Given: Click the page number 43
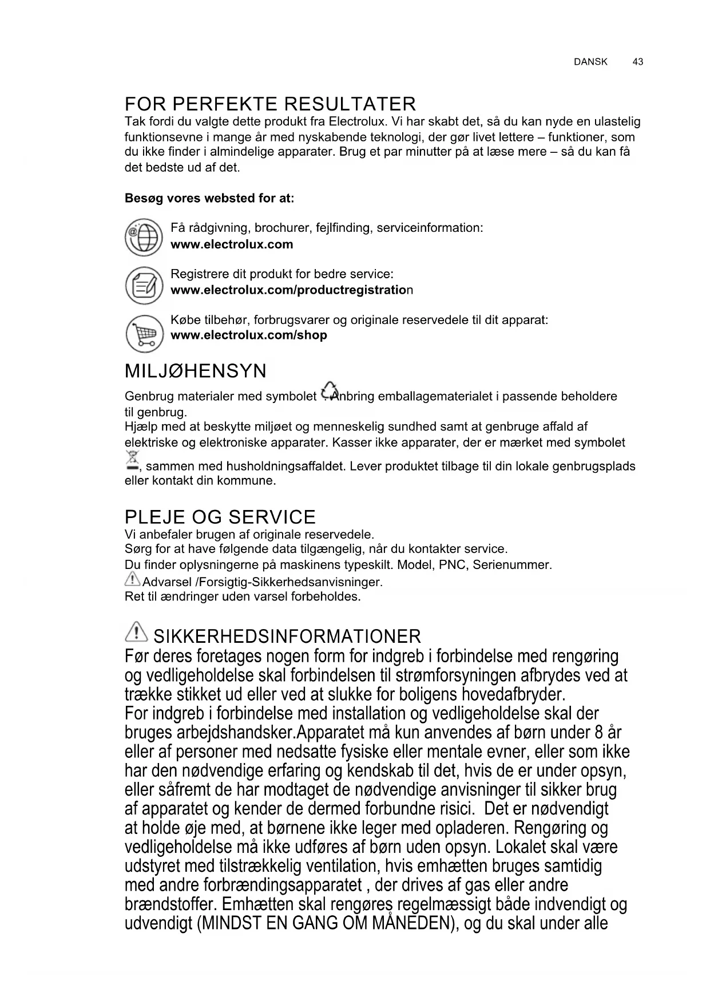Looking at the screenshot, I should point(638,62).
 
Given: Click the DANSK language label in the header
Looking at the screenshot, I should point(590,62).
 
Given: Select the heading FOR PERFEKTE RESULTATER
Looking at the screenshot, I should point(270,104).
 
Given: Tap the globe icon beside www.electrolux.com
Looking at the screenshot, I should point(144,238).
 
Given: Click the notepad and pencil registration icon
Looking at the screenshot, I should point(144,284).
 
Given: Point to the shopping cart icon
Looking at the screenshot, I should point(144,334).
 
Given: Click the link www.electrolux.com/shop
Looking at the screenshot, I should point(249,335).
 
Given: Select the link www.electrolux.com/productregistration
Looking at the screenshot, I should point(291,290).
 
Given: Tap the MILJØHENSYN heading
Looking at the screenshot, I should point(195,371).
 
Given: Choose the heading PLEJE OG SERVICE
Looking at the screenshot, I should point(220,517).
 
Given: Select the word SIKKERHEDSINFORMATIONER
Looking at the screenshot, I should point(287,637).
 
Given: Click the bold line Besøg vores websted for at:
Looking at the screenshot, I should point(209,199).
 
